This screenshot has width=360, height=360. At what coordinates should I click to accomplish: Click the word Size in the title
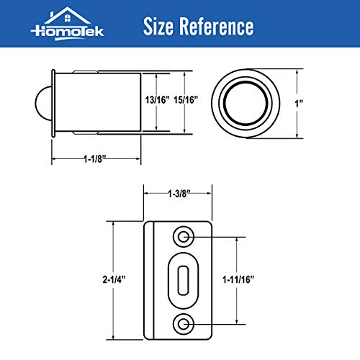163,27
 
